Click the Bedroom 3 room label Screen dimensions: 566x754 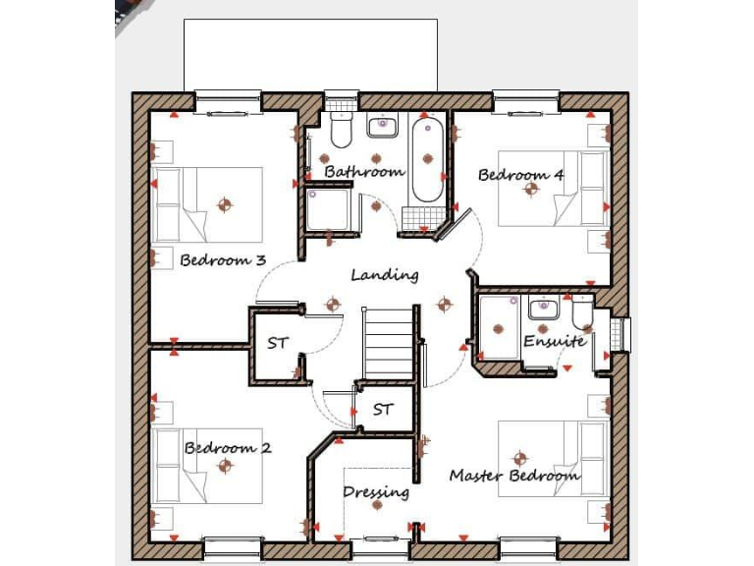click(x=223, y=260)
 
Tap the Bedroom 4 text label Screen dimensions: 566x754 click(x=520, y=175)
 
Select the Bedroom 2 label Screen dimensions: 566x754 click(x=228, y=448)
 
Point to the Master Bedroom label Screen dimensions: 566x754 click(x=514, y=476)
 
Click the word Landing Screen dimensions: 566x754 click(x=385, y=275)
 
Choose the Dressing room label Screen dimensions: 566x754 click(x=375, y=491)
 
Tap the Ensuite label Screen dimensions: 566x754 click(x=554, y=341)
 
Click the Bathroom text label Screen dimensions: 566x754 click(x=364, y=171)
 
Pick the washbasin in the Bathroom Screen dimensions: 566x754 click(x=382, y=127)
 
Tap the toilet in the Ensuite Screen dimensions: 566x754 click(x=582, y=312)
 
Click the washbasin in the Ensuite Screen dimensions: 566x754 click(x=543, y=310)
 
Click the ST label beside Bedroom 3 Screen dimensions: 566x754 click(x=278, y=343)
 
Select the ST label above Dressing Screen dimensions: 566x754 click(x=383, y=409)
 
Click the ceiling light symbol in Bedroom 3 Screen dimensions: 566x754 click(x=225, y=205)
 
